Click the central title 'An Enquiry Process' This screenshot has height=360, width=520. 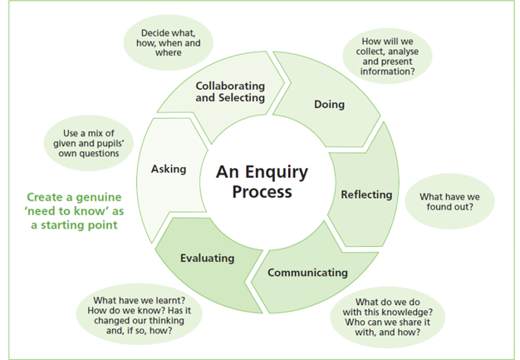pos(262,181)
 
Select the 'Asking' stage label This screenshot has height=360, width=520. pos(169,169)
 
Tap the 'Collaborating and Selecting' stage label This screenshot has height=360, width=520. pos(230,91)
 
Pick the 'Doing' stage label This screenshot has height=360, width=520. pos(329,105)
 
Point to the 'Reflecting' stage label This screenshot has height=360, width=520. pos(366,195)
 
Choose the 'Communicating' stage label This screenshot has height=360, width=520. pos(307,272)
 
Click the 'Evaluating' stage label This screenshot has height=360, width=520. pos(208,258)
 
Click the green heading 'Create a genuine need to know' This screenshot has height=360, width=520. pos(75,211)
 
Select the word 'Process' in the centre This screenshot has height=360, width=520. pos(262,191)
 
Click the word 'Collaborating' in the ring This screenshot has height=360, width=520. pos(230,86)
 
